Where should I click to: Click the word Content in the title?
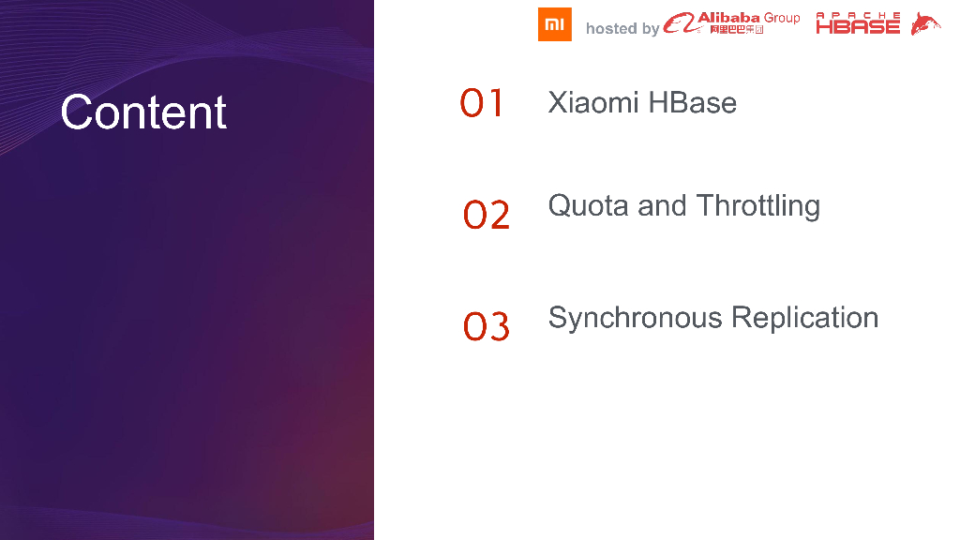click(143, 112)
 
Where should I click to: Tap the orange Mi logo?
click(555, 24)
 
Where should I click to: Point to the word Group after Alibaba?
click(782, 19)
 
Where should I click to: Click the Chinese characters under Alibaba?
click(737, 29)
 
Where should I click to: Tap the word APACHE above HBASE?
click(858, 15)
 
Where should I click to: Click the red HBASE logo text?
click(858, 26)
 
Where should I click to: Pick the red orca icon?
click(925, 23)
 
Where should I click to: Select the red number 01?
click(482, 103)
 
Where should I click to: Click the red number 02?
click(487, 215)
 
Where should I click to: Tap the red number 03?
click(487, 326)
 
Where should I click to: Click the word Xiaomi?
click(593, 102)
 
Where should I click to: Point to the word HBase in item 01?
click(693, 102)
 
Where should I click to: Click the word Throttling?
click(757, 206)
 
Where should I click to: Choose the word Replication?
click(805, 318)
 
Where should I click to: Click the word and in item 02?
click(662, 205)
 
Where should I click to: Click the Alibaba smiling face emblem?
click(681, 23)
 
